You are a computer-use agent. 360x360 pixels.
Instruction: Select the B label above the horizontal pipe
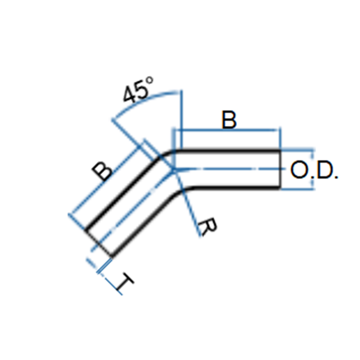(x=229, y=120)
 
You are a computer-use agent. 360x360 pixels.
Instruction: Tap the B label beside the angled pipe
(x=102, y=171)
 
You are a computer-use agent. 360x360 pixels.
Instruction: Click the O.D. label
(x=314, y=170)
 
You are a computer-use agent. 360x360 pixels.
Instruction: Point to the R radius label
(x=207, y=226)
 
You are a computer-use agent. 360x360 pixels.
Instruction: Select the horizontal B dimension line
(x=226, y=130)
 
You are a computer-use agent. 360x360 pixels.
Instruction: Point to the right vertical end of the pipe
(x=280, y=170)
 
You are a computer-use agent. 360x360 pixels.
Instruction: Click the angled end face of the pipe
(x=99, y=243)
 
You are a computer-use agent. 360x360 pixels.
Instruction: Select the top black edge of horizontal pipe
(x=227, y=151)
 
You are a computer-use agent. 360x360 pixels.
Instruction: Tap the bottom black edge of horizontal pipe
(x=237, y=188)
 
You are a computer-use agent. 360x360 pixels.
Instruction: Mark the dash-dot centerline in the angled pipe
(x=132, y=210)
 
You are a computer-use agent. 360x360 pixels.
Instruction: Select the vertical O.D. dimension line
(x=312, y=170)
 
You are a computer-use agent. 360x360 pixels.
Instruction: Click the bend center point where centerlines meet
(x=174, y=170)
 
